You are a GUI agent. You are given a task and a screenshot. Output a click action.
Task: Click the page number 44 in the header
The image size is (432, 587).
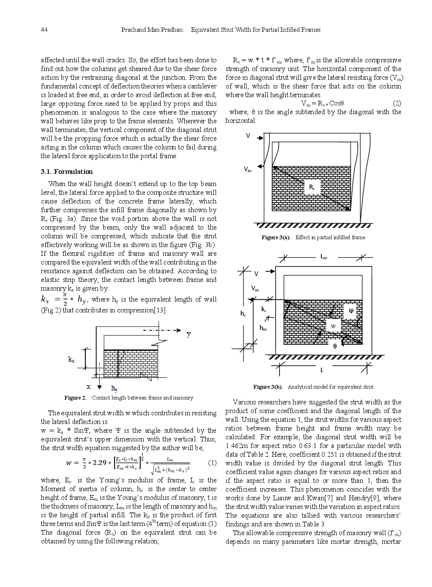pos(44,30)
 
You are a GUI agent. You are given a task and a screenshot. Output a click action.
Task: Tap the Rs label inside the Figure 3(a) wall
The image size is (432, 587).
pos(312,187)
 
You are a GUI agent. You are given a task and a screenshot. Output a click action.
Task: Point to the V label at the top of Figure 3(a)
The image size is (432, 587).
pos(248,136)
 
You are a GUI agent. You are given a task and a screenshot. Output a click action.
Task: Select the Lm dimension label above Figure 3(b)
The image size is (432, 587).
pos(324,257)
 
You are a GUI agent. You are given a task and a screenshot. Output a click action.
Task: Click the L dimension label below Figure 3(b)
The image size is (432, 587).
pos(322,370)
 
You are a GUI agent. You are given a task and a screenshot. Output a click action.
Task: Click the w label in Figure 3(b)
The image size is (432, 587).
pos(333,326)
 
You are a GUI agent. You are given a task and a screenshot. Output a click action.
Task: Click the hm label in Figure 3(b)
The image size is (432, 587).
pos(263,328)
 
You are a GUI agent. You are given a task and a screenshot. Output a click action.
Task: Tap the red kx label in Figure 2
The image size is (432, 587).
pos(71,360)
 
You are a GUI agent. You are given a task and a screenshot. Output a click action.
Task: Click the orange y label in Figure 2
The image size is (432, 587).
pos(189,334)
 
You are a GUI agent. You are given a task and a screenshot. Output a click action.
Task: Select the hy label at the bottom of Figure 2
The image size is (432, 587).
pos(114,388)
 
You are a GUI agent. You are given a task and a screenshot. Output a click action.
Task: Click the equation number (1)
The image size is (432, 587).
pos(213,462)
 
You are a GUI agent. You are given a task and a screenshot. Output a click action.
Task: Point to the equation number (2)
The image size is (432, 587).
pos(397,103)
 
